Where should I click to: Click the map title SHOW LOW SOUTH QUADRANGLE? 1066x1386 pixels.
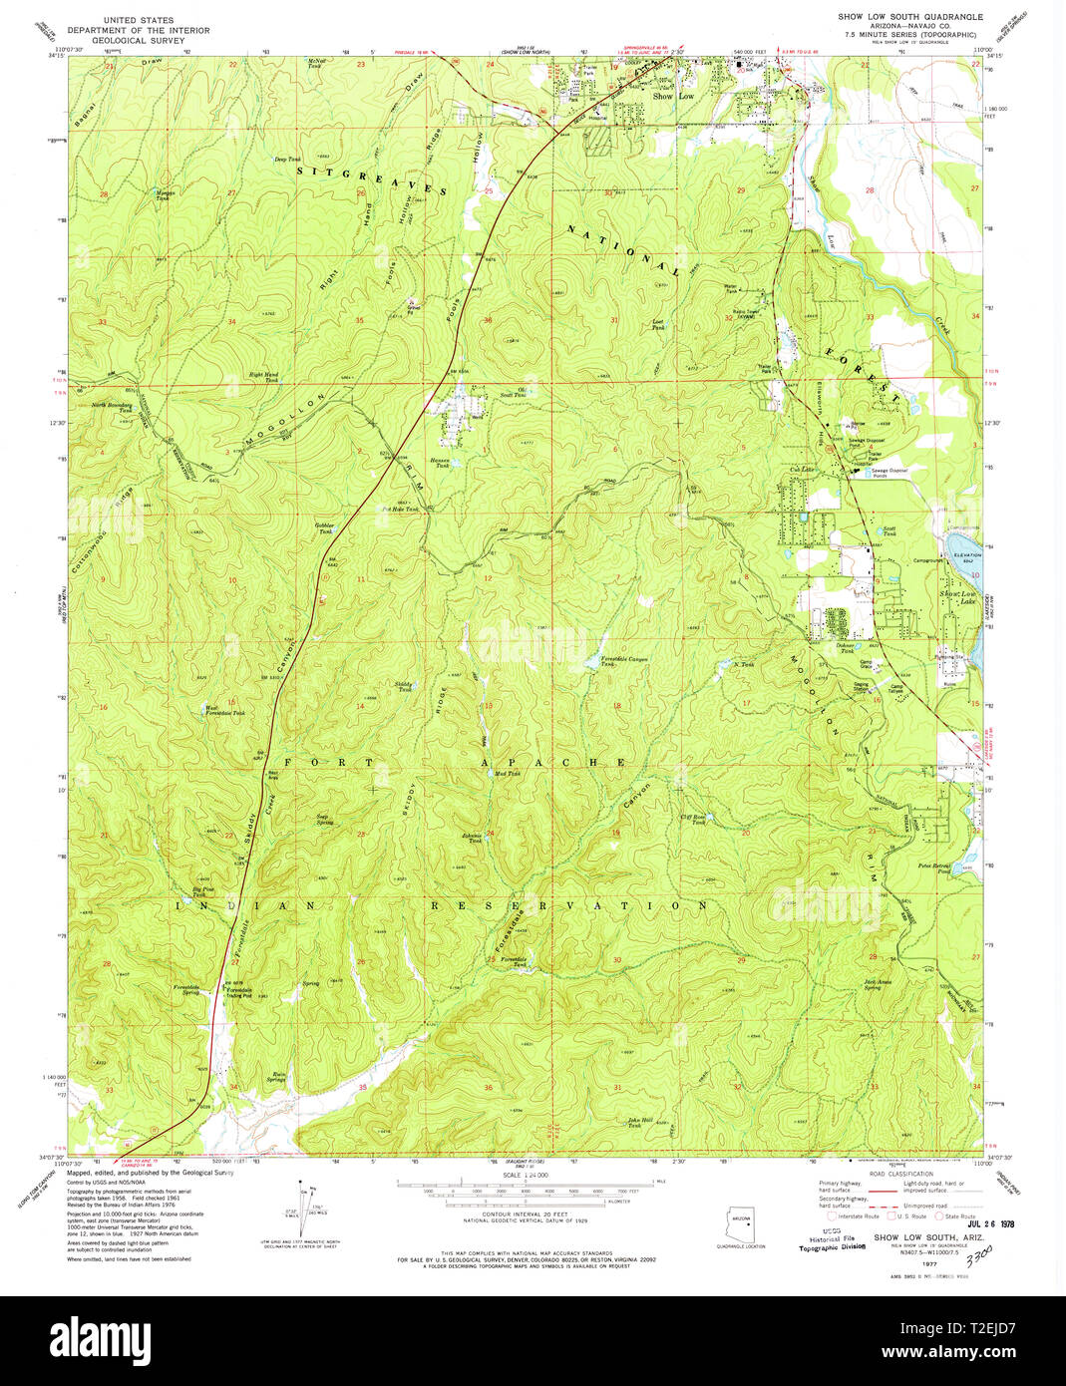(911, 17)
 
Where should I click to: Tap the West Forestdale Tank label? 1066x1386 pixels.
(224, 711)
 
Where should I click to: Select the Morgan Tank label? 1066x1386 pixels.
(166, 194)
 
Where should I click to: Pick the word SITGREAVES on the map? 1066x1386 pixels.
(372, 179)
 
